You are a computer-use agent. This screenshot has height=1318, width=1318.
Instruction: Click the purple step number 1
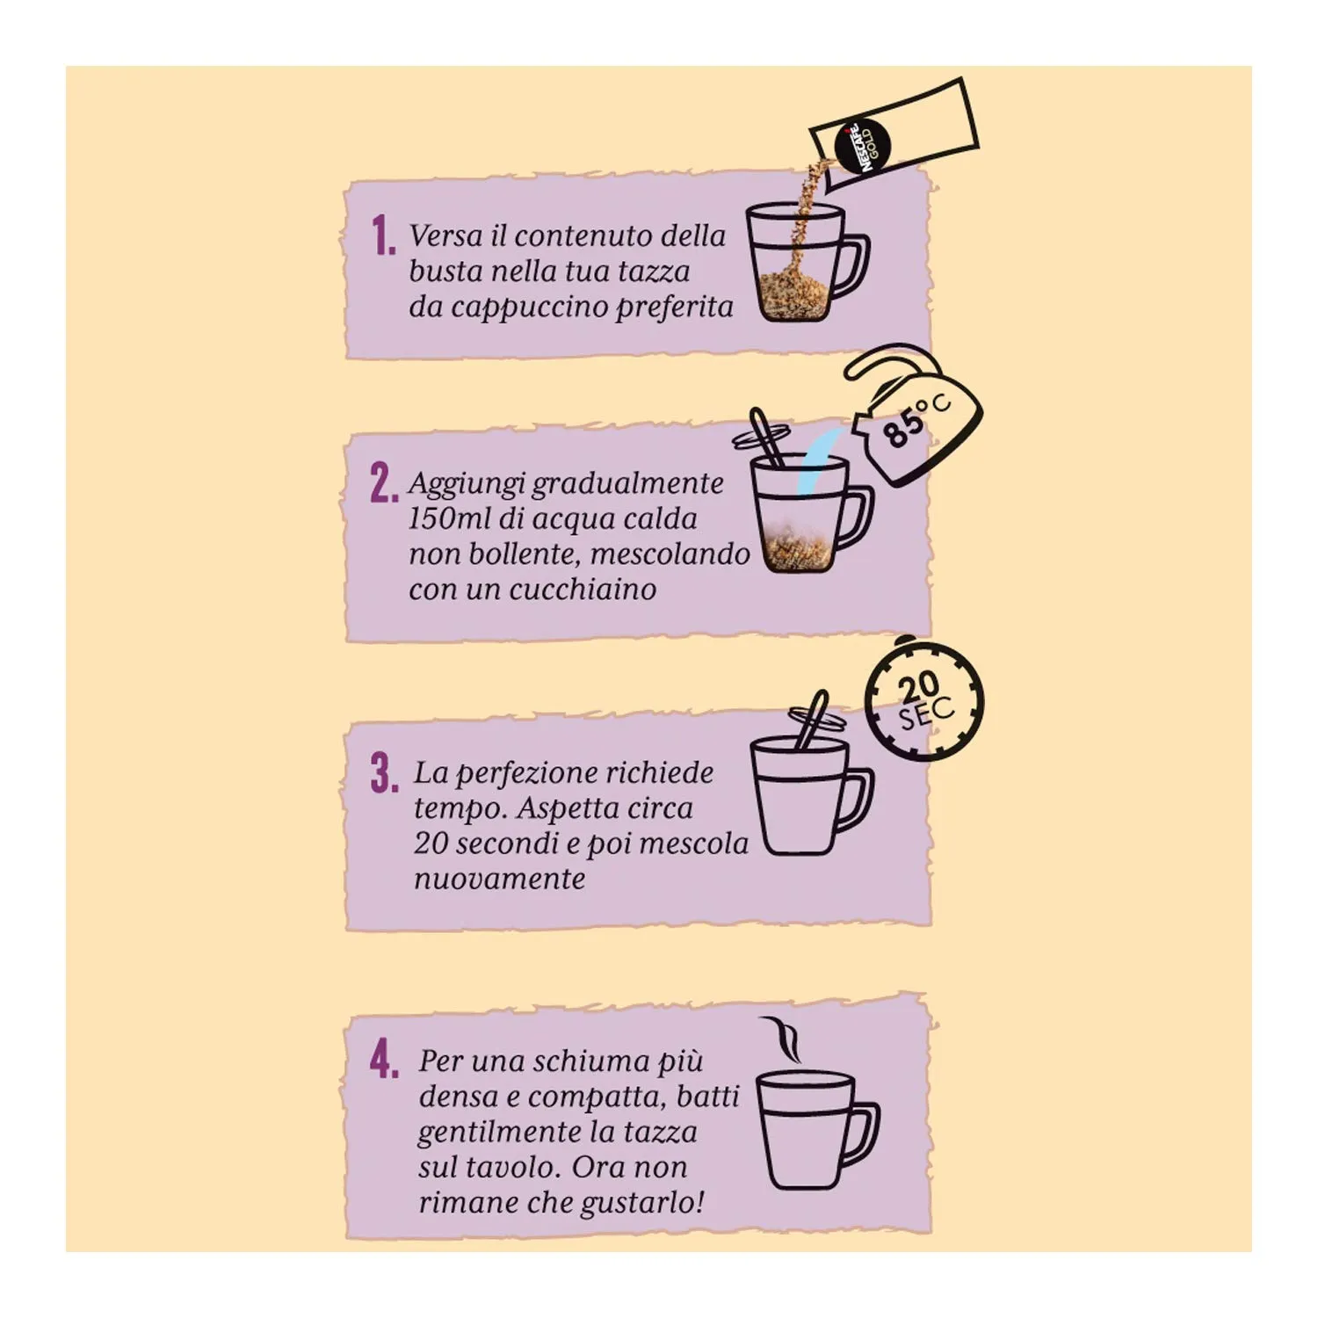point(382,236)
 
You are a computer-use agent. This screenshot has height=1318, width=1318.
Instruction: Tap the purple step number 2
point(383,484)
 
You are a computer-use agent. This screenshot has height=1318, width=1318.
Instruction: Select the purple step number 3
point(384,773)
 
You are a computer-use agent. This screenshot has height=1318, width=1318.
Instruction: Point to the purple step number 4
point(384,1060)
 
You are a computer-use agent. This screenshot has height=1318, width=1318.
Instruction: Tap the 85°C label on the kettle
point(916,421)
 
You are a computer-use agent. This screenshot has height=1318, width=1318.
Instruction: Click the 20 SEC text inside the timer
point(923,702)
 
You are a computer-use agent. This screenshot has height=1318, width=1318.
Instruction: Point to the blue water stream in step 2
point(815,463)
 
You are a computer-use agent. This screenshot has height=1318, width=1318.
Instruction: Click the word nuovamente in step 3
point(499,879)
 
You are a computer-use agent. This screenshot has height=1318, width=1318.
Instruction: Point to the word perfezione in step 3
point(532,774)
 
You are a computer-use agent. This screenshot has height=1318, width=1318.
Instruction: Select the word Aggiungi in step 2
point(467,484)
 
